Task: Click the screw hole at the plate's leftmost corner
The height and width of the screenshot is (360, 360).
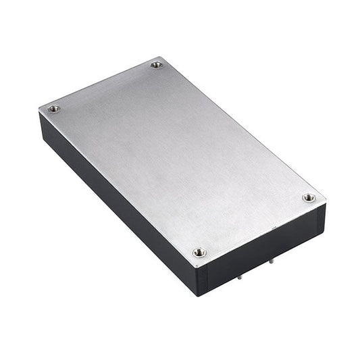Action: tap(54, 109)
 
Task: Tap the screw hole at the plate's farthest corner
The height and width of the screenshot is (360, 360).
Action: tap(157, 65)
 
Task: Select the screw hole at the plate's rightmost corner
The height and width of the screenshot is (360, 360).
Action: tap(309, 197)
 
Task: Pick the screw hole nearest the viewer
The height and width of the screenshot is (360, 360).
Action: tap(199, 252)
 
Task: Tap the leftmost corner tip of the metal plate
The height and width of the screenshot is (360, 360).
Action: tap(39, 110)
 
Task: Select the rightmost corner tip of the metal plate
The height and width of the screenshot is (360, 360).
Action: tap(326, 203)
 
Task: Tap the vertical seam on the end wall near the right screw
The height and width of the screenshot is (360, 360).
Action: tap(316, 220)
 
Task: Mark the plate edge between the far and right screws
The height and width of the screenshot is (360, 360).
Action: tap(243, 128)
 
